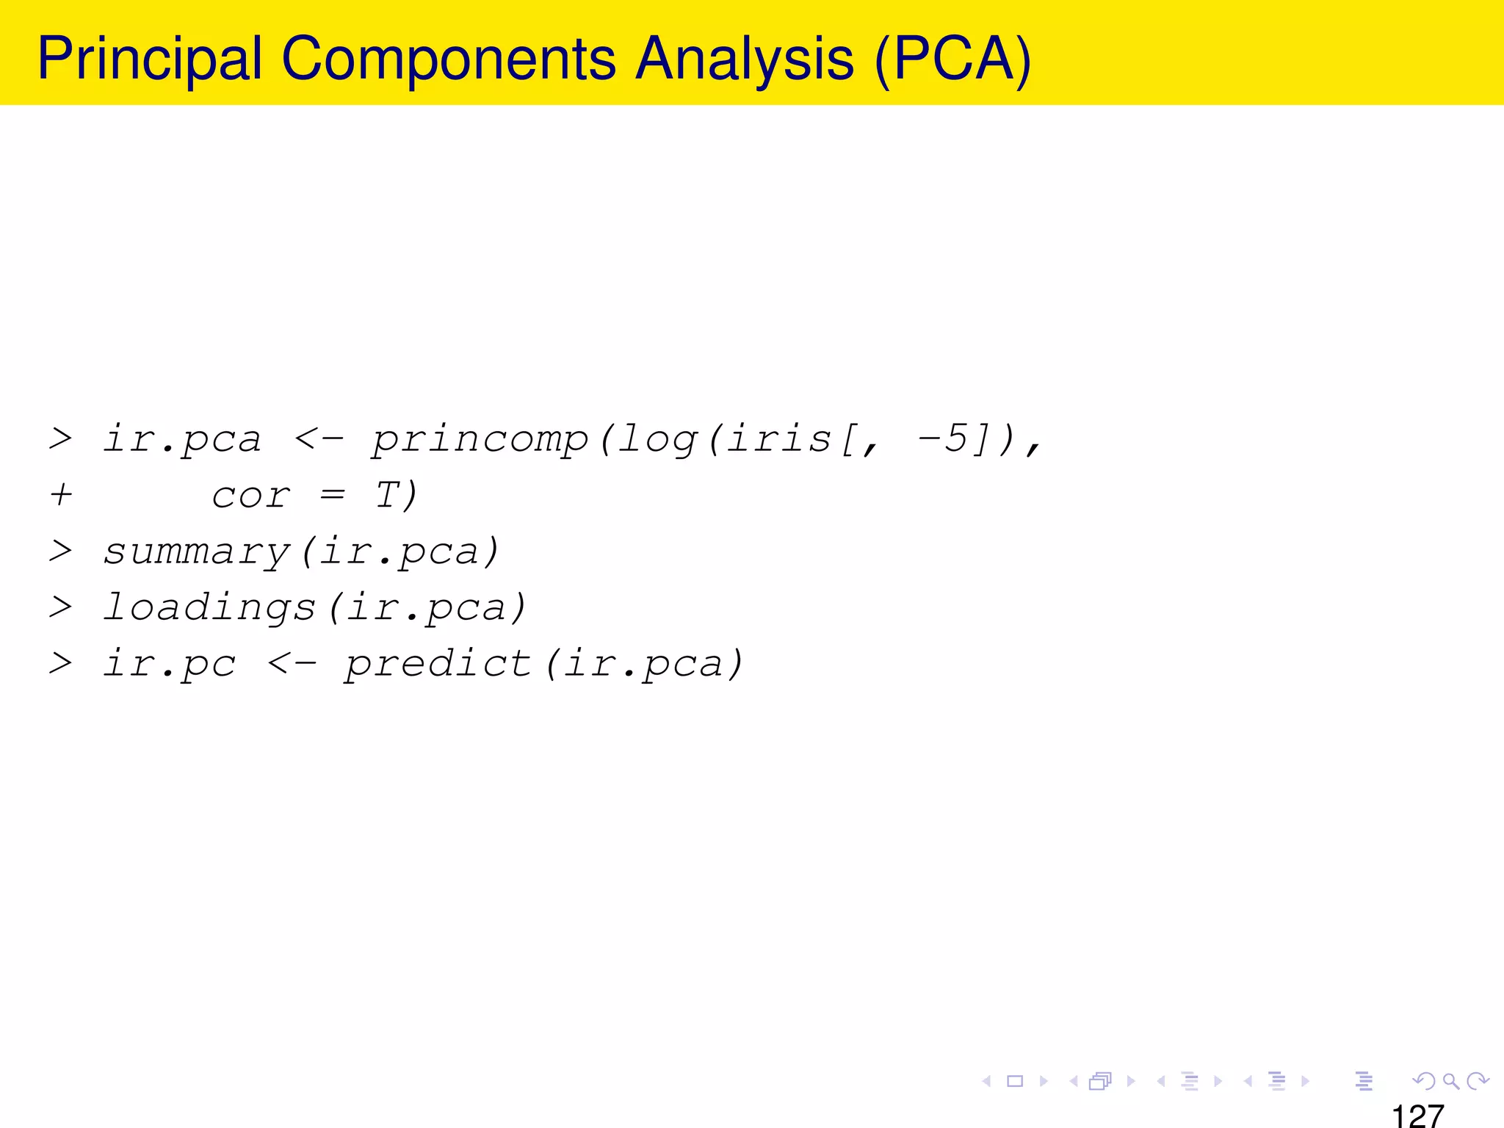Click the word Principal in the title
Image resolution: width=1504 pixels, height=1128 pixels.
pyautogui.click(x=150, y=59)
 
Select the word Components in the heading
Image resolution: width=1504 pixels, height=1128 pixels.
pyautogui.click(x=448, y=59)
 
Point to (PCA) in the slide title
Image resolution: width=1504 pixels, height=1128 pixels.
pyautogui.click(x=953, y=59)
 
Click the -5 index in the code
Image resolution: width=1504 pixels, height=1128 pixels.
pyautogui.click(x=943, y=438)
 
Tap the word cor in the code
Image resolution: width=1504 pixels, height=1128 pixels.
pyautogui.click(x=250, y=496)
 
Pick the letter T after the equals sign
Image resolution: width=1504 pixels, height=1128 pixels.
pyautogui.click(x=387, y=495)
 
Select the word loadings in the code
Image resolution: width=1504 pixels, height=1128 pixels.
pyautogui.click(x=210, y=608)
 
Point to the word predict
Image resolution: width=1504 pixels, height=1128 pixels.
pyautogui.click(x=438, y=664)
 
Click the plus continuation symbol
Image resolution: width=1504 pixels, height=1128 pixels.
pyautogui.click(x=61, y=495)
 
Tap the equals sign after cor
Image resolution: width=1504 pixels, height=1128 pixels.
pyautogui.click(x=332, y=496)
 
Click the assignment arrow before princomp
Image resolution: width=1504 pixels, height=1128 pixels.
pyautogui.click(x=318, y=439)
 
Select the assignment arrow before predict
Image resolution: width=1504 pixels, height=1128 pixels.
pyautogui.click(x=292, y=664)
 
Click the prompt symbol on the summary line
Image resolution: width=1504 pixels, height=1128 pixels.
pyautogui.click(x=60, y=551)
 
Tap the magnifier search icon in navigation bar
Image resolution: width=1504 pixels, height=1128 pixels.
pyautogui.click(x=1450, y=1081)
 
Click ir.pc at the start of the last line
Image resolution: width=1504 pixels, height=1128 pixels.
pyautogui.click(x=170, y=664)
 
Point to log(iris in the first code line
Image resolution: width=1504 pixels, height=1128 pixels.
pyautogui.click(x=724, y=439)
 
